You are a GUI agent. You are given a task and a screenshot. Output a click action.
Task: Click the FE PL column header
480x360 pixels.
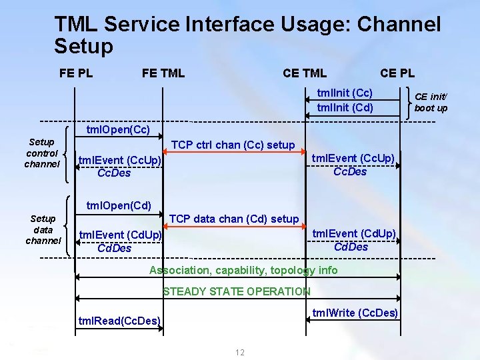76,73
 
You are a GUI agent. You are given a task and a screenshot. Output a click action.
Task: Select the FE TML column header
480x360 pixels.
163,73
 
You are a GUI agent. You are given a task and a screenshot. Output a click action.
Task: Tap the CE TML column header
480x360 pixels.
305,73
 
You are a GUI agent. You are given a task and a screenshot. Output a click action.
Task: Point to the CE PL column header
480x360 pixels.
397,73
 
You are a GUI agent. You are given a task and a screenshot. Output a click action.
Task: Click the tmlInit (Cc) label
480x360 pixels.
345,93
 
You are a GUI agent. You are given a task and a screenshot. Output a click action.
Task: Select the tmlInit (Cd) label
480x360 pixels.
345,107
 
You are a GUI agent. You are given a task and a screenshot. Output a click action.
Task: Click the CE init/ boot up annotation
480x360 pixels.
431,102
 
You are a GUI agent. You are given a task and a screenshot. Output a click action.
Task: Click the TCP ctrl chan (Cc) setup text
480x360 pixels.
233,145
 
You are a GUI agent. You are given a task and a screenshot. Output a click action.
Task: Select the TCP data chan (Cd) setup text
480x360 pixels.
234,219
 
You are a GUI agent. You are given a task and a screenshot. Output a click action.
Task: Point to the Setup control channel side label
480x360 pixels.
42,153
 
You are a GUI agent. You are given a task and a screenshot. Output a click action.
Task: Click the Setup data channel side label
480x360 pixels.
43,229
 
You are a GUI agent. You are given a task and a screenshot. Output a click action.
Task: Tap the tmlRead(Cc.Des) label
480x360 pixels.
120,321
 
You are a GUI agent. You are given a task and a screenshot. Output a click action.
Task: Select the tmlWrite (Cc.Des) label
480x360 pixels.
355,313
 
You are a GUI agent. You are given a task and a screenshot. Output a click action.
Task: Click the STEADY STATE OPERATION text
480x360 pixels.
237,291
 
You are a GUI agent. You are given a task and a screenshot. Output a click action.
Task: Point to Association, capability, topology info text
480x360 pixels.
243,270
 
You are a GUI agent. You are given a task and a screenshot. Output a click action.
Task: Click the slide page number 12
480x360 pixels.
240,352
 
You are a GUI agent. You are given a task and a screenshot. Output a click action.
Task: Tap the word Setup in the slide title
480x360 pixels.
84,47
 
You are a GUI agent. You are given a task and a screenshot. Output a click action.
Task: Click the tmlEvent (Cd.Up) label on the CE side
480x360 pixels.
354,233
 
